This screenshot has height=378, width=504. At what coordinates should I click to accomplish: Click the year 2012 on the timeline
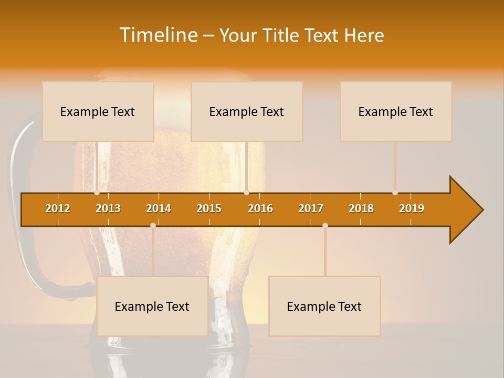[x=58, y=208]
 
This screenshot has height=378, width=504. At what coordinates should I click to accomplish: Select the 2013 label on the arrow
[x=108, y=208]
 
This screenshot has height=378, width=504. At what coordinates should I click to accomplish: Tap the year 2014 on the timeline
[x=159, y=208]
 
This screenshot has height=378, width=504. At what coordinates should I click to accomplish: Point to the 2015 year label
[x=209, y=208]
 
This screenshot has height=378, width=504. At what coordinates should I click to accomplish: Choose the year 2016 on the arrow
[x=260, y=208]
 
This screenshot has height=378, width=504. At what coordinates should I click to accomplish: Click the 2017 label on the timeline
[x=311, y=208]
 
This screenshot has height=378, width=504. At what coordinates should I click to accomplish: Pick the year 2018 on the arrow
[x=361, y=208]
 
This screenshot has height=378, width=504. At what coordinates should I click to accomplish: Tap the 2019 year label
[x=412, y=208]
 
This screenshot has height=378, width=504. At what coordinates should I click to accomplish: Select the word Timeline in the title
[x=158, y=35]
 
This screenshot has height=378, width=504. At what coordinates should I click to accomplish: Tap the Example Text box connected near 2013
[x=98, y=111]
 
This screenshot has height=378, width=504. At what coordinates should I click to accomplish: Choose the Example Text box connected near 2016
[x=247, y=111]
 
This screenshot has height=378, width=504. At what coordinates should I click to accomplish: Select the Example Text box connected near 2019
[x=396, y=111]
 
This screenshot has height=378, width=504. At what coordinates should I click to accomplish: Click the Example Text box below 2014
[x=152, y=306]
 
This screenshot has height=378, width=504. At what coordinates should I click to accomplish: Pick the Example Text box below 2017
[x=324, y=306]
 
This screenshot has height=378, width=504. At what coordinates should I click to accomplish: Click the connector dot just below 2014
[x=153, y=226]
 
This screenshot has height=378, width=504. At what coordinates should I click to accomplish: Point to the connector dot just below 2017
[x=325, y=226]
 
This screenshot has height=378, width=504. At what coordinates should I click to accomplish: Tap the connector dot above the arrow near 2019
[x=395, y=193]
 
